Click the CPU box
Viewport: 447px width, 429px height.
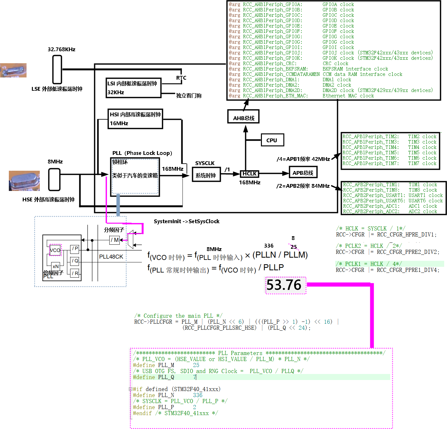(272, 140)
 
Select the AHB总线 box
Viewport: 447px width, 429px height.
(243, 118)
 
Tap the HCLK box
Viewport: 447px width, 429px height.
(250, 174)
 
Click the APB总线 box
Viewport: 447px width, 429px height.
(303, 173)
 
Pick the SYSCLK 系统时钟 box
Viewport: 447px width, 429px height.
(206, 175)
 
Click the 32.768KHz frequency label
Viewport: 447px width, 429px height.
(62, 49)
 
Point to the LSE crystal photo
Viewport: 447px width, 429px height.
(13, 70)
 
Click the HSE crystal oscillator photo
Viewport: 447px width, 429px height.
(24, 181)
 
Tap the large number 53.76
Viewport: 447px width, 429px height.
(284, 285)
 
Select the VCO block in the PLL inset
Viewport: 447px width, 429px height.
(55, 250)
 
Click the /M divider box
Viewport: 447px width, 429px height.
(115, 240)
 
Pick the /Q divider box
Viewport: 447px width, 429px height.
(75, 261)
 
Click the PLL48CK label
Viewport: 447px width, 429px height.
(111, 257)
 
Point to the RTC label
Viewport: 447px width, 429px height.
(181, 78)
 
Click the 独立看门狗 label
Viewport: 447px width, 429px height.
(189, 95)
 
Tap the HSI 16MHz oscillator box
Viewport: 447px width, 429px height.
(135, 119)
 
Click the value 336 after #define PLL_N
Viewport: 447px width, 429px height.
(197, 395)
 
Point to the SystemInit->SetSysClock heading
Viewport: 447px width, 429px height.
(186, 221)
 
